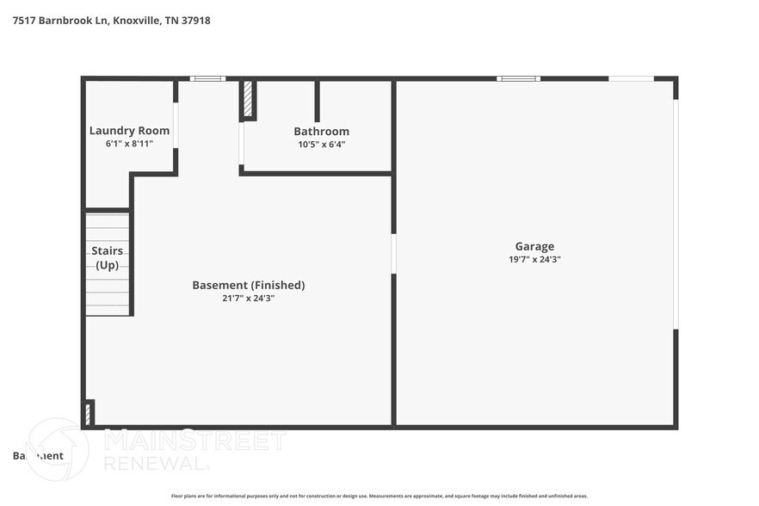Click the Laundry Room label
129,131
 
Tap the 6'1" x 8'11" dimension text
129,144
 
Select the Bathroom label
321,132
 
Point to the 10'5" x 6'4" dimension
321,145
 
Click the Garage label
534,246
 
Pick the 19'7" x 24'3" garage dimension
534,259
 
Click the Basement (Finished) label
248,285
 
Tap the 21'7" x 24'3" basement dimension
248,298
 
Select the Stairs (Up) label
108,257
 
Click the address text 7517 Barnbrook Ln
60,20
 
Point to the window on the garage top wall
518,79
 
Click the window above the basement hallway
207,79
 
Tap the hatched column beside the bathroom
247,100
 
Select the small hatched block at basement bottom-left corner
88,412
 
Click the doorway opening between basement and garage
393,254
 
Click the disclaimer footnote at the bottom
379,497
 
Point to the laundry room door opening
176,126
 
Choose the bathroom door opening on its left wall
242,143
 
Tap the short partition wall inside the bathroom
317,101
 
